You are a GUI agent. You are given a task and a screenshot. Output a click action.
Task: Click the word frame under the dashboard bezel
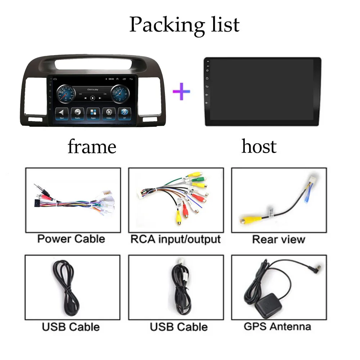pos(92,147)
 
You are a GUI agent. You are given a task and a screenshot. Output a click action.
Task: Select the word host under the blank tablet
pos(259,146)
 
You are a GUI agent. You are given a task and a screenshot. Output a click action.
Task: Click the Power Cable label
pos(71,239)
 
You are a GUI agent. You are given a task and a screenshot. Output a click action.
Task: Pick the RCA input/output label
pos(175,239)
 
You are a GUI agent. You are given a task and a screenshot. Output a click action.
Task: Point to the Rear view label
pos(278,239)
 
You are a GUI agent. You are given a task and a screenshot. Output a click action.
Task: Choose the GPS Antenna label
pos(277,327)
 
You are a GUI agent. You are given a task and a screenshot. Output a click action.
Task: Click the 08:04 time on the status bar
pos(112,79)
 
